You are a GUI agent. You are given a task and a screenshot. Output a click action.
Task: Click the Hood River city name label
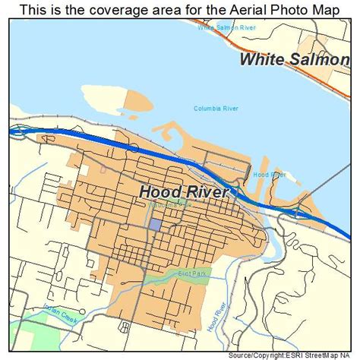tap(183, 192)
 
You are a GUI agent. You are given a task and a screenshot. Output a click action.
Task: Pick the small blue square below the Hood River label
tap(155, 225)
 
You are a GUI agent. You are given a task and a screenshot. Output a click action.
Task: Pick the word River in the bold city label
tap(205, 192)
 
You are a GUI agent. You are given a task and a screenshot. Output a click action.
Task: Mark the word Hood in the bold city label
tap(159, 192)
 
